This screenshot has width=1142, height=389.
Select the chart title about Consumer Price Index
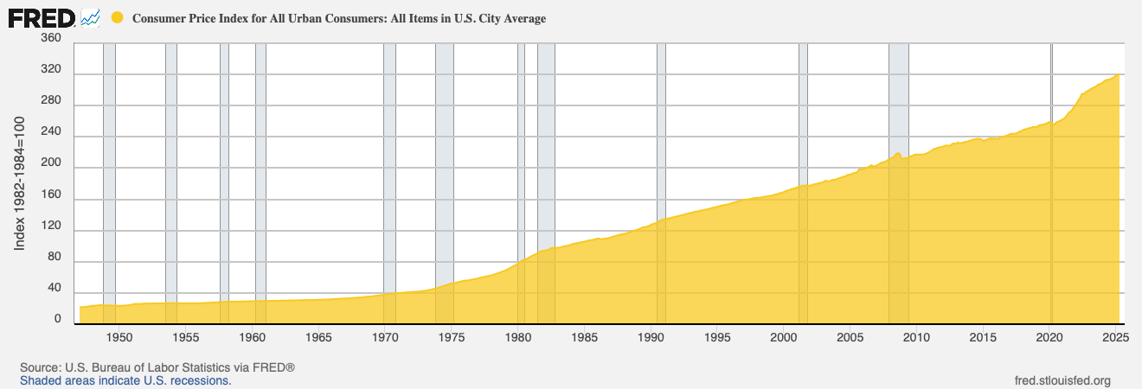338,18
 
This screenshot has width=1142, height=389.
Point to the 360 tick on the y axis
51,39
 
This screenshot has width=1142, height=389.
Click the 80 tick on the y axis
54,262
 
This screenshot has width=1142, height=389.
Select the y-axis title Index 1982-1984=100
20,182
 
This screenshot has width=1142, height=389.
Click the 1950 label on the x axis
119,336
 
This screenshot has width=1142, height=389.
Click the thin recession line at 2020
1051,130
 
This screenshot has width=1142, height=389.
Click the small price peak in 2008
898,154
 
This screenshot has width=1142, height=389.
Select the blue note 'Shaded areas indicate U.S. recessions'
125,380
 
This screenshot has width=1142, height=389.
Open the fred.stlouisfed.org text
1063,380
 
